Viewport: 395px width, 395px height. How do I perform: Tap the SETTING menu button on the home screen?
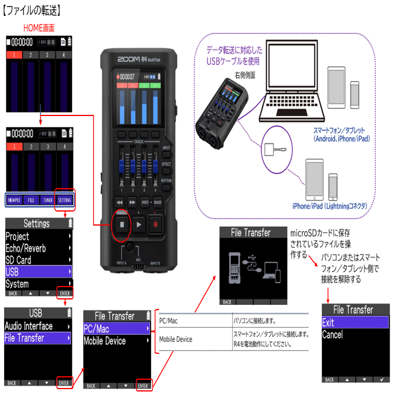(64, 200)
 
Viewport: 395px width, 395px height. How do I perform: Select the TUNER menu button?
(47, 200)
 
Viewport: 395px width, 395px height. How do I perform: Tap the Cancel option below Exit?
(333, 335)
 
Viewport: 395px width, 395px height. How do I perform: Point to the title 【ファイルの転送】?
(32, 10)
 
